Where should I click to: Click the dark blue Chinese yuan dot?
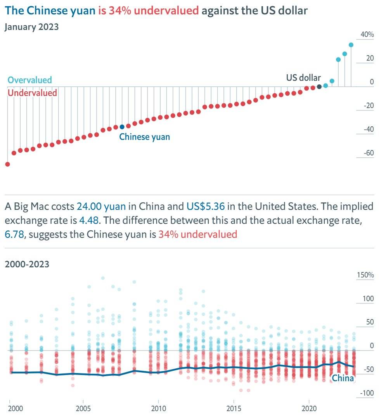tap(122, 127)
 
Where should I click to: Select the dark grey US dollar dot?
tap(319, 87)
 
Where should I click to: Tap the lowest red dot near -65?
tap(7, 164)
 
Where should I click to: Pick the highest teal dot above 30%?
tap(351, 45)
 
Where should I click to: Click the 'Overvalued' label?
tap(30, 80)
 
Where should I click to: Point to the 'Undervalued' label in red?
tap(32, 93)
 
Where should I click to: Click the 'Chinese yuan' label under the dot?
tap(144, 137)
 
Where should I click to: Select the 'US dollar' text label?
tap(303, 77)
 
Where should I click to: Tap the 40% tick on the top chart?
tap(367, 35)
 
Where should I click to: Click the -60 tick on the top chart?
tap(369, 153)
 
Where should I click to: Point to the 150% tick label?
tap(365, 275)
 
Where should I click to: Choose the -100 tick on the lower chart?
tap(367, 393)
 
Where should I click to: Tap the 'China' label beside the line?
tap(343, 378)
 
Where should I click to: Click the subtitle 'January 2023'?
tap(32, 27)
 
